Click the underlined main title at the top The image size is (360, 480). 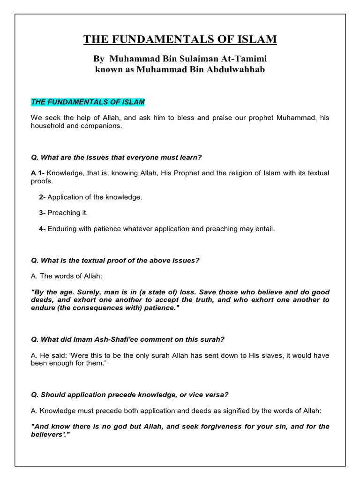(x=180, y=39)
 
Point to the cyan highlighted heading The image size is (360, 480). (x=88, y=102)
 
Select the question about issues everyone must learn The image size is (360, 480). (x=119, y=157)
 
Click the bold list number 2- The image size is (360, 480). (x=42, y=197)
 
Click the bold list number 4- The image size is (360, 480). (x=42, y=229)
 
